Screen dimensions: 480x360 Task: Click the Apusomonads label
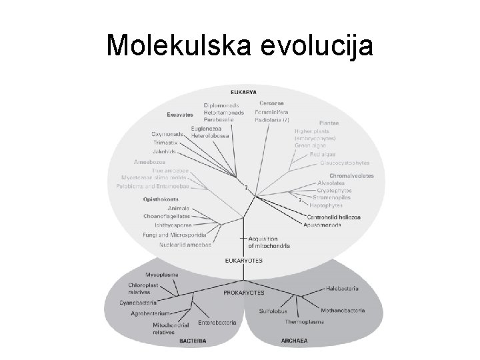tap(323, 225)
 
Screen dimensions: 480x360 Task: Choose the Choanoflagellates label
tap(167, 216)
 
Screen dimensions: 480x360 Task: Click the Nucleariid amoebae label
tap(185, 244)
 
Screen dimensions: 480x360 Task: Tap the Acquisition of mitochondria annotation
tap(269, 242)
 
